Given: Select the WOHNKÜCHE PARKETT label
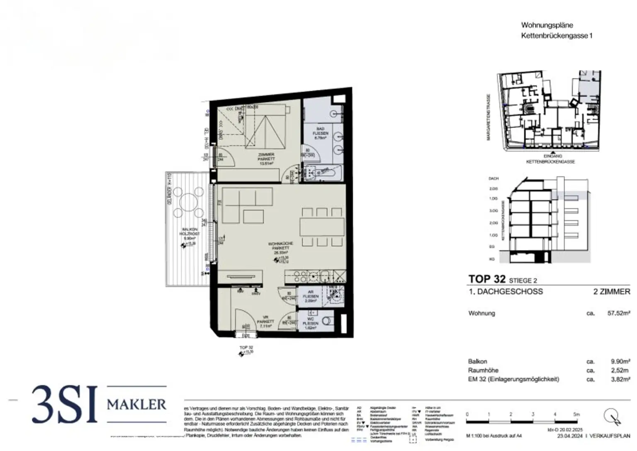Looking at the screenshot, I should (280, 248).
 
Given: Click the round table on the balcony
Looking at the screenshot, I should (189, 202).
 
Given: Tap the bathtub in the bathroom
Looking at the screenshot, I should (323, 171).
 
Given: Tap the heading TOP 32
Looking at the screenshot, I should (487, 279).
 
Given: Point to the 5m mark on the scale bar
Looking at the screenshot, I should (576, 414).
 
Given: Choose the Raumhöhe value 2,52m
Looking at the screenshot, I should (620, 370).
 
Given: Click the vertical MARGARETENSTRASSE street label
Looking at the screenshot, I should (489, 117).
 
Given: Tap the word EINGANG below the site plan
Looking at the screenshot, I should (552, 156).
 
